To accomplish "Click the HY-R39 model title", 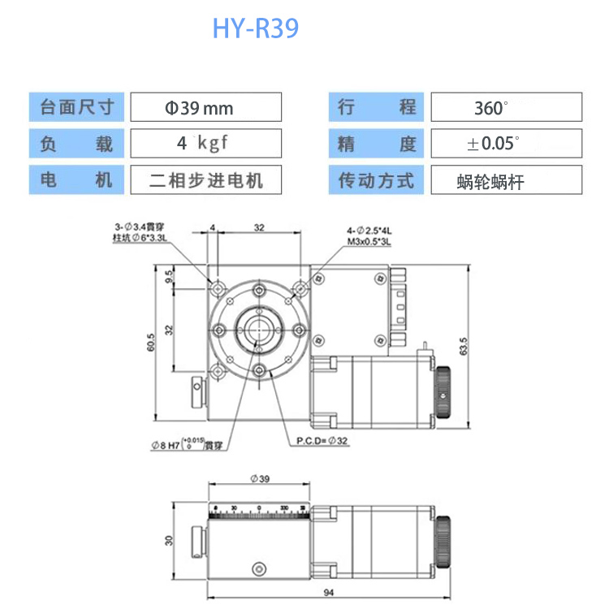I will (255, 28).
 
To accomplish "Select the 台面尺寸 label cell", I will (77, 107).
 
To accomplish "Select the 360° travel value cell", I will (505, 107).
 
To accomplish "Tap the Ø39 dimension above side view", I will (259, 479).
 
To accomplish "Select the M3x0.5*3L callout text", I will (369, 241).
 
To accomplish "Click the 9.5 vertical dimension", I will (169, 276).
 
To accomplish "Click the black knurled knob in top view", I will (443, 393).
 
